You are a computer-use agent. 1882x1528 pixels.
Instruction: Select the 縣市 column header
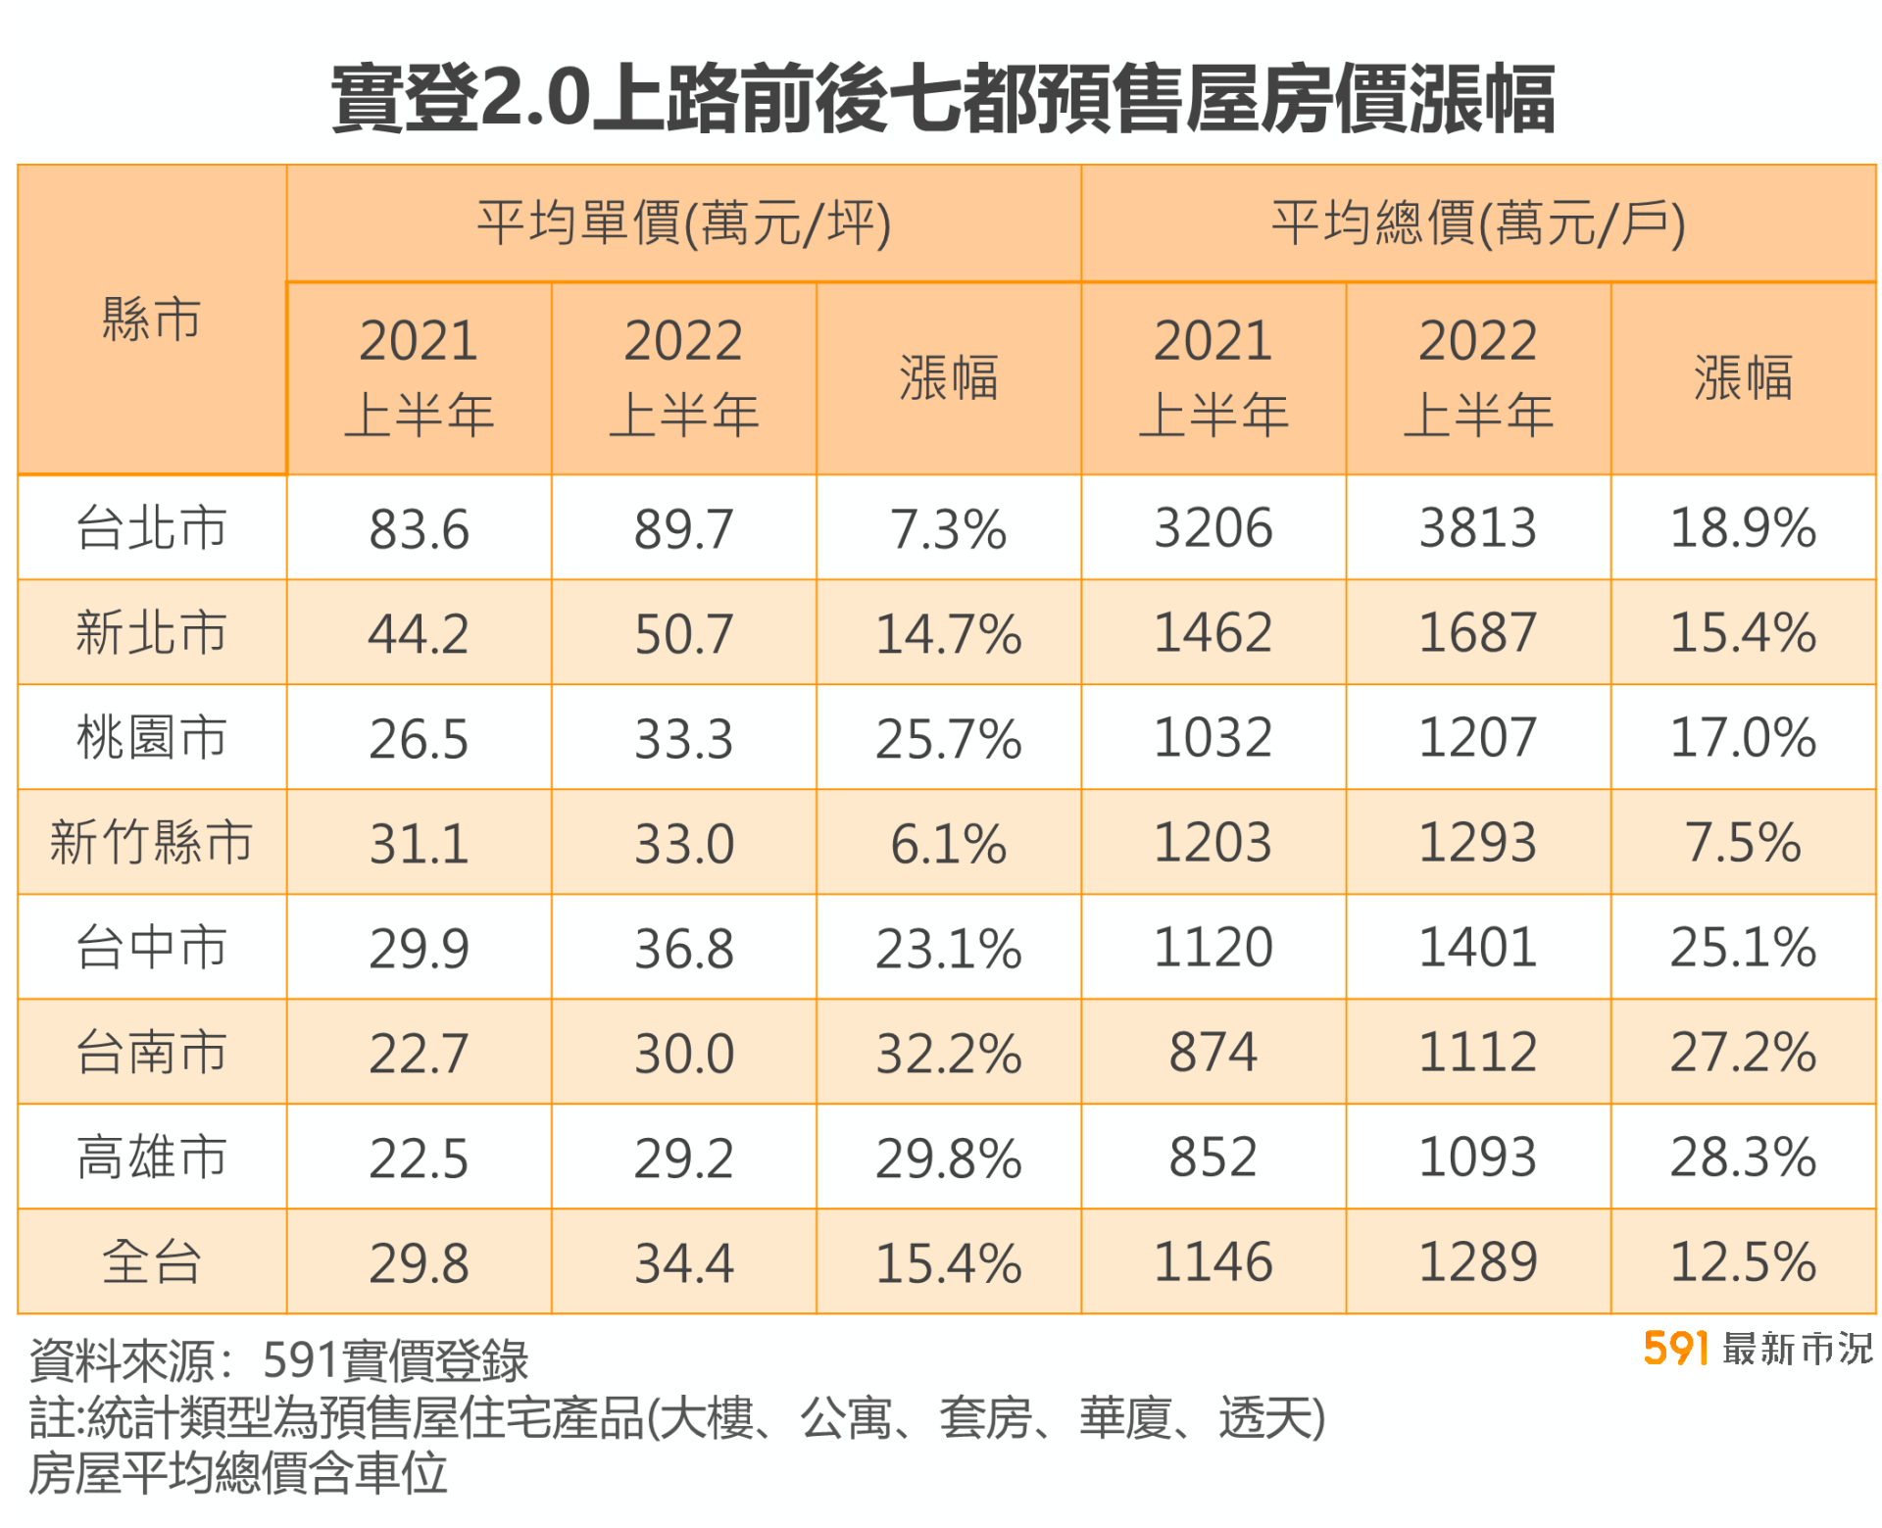click(151, 320)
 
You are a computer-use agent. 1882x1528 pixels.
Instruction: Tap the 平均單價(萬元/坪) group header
click(683, 223)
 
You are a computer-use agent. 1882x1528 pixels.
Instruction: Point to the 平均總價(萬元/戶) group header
click(1477, 223)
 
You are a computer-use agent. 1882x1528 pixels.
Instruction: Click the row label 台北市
click(151, 527)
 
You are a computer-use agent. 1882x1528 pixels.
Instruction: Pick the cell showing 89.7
click(683, 529)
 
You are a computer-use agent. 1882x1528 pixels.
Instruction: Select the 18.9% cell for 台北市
click(1742, 528)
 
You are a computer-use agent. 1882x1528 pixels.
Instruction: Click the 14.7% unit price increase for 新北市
click(948, 633)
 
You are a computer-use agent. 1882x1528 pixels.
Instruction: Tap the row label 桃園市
click(151, 737)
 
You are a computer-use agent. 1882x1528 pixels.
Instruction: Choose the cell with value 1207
click(1477, 737)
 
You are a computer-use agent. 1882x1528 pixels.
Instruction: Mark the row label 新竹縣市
click(151, 842)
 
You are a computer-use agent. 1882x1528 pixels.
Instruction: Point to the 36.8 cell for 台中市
click(683, 949)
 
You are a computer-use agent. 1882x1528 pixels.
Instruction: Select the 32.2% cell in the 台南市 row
click(948, 1054)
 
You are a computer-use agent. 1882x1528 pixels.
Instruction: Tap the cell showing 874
click(1213, 1053)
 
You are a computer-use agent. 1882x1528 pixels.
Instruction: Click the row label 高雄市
click(151, 1157)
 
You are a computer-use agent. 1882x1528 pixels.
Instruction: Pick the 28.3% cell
click(1742, 1158)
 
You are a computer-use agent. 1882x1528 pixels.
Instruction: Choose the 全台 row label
click(151, 1261)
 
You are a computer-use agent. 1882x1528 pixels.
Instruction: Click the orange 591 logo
click(1675, 1349)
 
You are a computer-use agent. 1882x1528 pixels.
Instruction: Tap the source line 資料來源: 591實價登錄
click(279, 1360)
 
